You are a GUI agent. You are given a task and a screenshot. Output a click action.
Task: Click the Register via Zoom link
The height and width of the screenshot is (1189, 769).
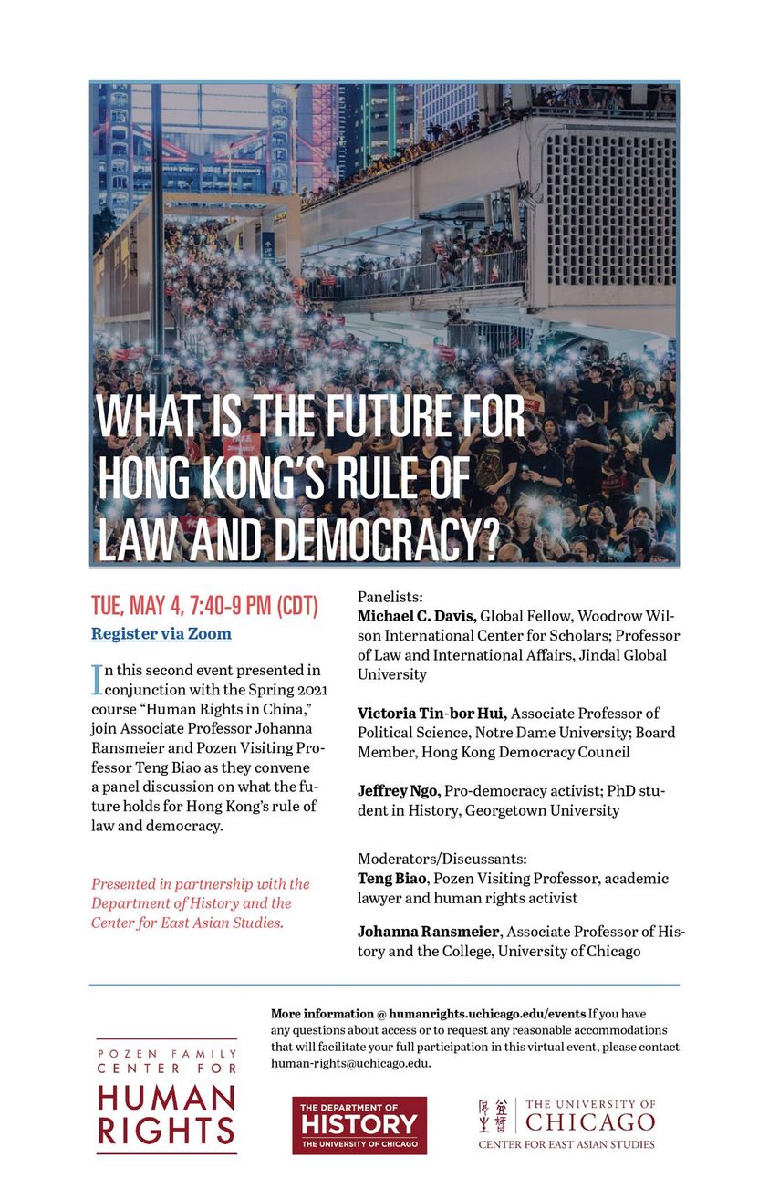[x=161, y=633]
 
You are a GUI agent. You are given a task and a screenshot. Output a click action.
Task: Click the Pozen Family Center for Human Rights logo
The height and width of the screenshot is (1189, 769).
[x=167, y=1096]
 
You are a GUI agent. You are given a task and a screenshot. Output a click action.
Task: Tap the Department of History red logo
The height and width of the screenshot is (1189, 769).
[x=359, y=1124]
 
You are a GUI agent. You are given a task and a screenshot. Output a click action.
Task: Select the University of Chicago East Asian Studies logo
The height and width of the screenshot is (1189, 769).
[x=566, y=1122]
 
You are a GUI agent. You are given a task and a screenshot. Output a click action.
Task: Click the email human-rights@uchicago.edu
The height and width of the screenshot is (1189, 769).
[x=350, y=1064]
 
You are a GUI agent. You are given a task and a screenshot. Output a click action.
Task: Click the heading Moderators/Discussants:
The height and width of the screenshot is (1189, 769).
[x=442, y=859]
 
